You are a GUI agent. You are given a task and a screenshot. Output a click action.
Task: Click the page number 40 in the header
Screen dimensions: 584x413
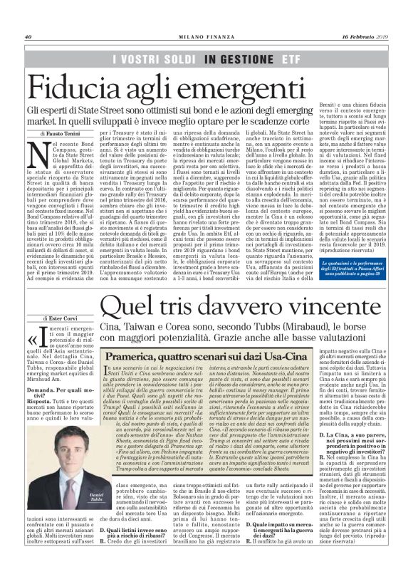29,37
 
